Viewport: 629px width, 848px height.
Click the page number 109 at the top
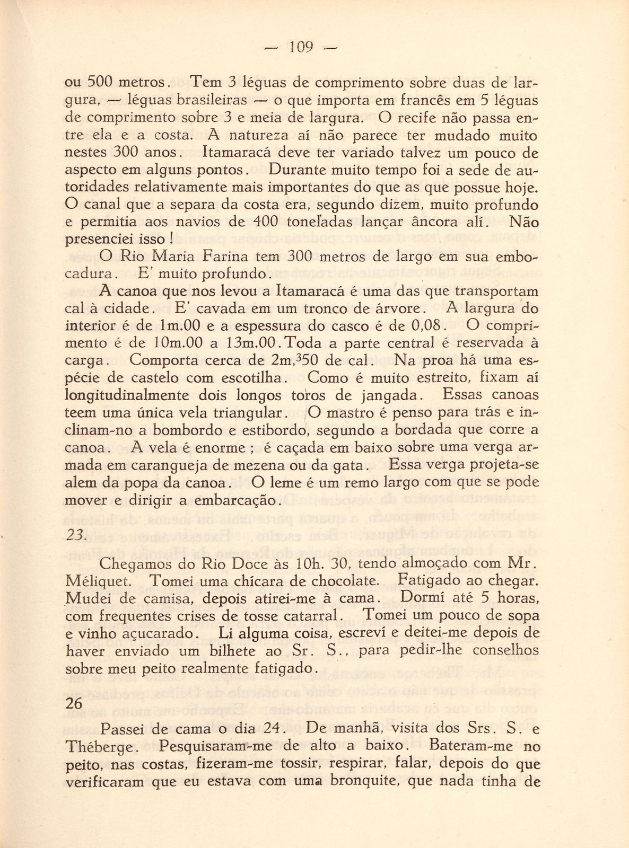pyautogui.click(x=301, y=48)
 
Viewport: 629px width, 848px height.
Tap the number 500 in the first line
pyautogui.click(x=98, y=83)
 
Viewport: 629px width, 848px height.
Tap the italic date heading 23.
pyautogui.click(x=75, y=535)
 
